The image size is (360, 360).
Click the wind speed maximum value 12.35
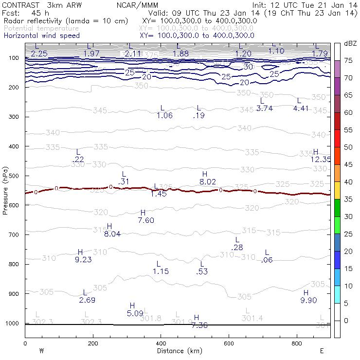click(321, 159)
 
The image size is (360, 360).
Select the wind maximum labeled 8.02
click(208, 181)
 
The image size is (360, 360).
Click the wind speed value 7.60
click(146, 220)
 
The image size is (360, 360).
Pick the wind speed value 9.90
click(309, 300)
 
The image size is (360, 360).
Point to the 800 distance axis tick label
click(297, 343)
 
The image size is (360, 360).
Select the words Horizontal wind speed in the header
click(42, 36)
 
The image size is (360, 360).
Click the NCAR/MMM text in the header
click(138, 5)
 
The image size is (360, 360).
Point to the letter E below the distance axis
click(322, 350)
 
